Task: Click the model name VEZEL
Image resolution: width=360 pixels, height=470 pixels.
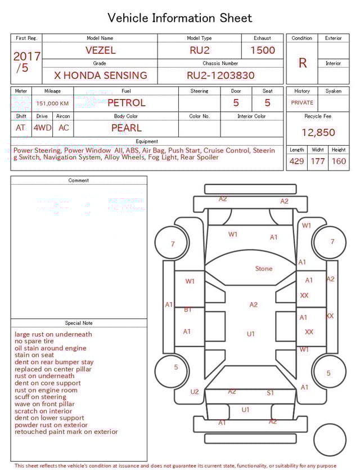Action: pyautogui.click(x=100, y=50)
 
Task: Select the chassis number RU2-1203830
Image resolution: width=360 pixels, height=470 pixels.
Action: pyautogui.click(x=220, y=75)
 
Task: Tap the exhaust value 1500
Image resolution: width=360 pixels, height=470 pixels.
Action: pyautogui.click(x=262, y=50)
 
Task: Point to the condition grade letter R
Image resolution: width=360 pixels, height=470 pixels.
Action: pyautogui.click(x=303, y=63)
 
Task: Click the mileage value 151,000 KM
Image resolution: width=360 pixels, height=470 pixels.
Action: pyautogui.click(x=52, y=104)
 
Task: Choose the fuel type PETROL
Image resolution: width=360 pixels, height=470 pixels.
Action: pyautogui.click(x=127, y=103)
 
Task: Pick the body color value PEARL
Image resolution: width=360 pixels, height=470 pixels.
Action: pyautogui.click(x=127, y=128)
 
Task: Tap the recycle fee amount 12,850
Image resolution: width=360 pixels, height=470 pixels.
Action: pyautogui.click(x=318, y=132)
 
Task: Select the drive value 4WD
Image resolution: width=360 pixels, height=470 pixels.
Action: pyautogui.click(x=42, y=128)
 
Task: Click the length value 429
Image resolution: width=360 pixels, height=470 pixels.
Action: pyautogui.click(x=296, y=161)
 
